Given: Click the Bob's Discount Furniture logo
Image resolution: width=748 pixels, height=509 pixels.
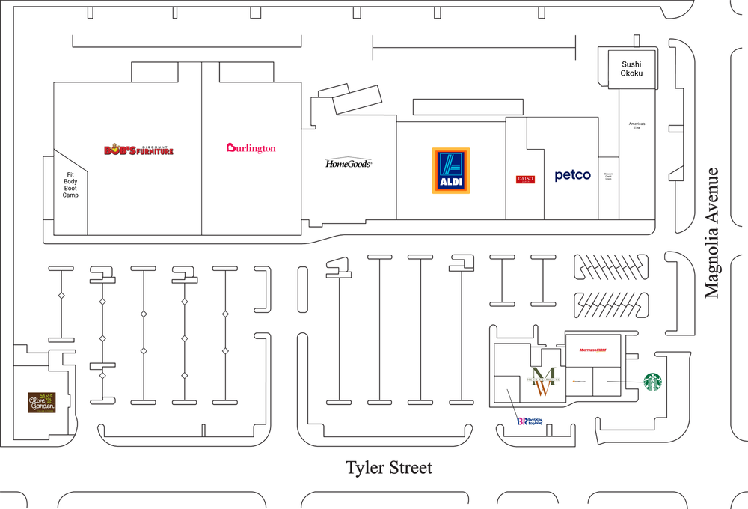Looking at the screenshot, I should [x=138, y=150].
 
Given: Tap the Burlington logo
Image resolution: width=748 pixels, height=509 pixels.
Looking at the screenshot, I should [x=251, y=148].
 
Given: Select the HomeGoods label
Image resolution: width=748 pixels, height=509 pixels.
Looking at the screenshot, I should [x=349, y=163].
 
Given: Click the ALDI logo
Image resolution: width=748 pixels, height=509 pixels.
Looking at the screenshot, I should [x=450, y=171].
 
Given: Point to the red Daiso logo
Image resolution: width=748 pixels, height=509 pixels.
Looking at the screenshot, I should [x=525, y=179].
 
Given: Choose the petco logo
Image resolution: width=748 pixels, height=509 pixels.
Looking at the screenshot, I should [x=572, y=175].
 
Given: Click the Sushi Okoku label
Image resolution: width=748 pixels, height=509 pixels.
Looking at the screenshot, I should [x=631, y=70].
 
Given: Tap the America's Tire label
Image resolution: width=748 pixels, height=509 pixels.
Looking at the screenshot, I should [x=637, y=126].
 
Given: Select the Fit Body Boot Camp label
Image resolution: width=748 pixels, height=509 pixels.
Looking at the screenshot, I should [x=70, y=185].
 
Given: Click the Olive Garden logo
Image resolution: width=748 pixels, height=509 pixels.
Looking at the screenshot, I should [x=42, y=402].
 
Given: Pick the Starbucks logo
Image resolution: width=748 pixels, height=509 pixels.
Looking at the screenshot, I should [x=654, y=382].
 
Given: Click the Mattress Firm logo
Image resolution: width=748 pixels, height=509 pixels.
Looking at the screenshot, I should [x=592, y=350].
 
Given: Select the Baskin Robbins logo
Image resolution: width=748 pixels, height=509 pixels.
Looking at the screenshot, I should [x=529, y=421].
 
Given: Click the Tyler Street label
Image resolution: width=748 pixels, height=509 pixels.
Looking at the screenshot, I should [x=388, y=468].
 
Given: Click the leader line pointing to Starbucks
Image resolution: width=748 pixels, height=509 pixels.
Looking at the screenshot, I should [x=624, y=382].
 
